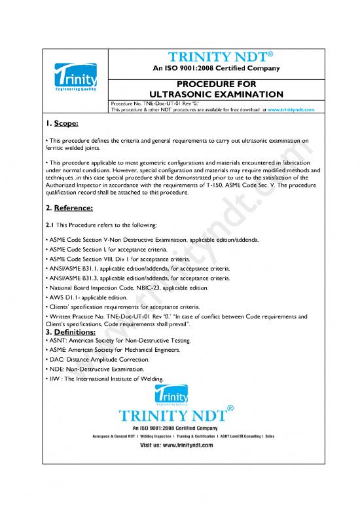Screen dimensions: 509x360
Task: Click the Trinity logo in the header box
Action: pyautogui.click(x=74, y=80)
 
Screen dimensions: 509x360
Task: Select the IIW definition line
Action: pyautogui.click(x=118, y=379)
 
